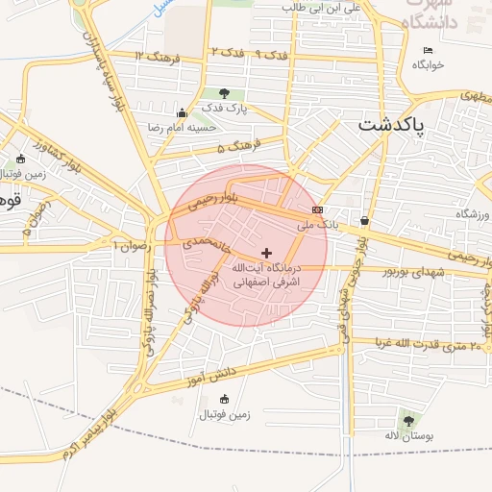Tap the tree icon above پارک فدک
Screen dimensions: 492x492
click(225, 93)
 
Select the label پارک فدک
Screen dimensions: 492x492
click(225, 109)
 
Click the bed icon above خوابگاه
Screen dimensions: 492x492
click(428, 50)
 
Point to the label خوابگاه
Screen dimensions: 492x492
click(428, 65)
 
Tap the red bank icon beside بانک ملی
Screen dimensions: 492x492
click(317, 209)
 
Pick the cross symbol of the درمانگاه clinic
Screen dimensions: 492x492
click(266, 253)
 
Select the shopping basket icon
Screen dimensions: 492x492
click(364, 220)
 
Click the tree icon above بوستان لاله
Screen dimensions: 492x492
click(408, 421)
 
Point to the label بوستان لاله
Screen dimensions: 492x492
click(411, 437)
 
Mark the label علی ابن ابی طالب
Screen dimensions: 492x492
click(331, 8)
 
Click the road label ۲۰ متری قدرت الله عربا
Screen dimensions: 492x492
click(421, 344)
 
